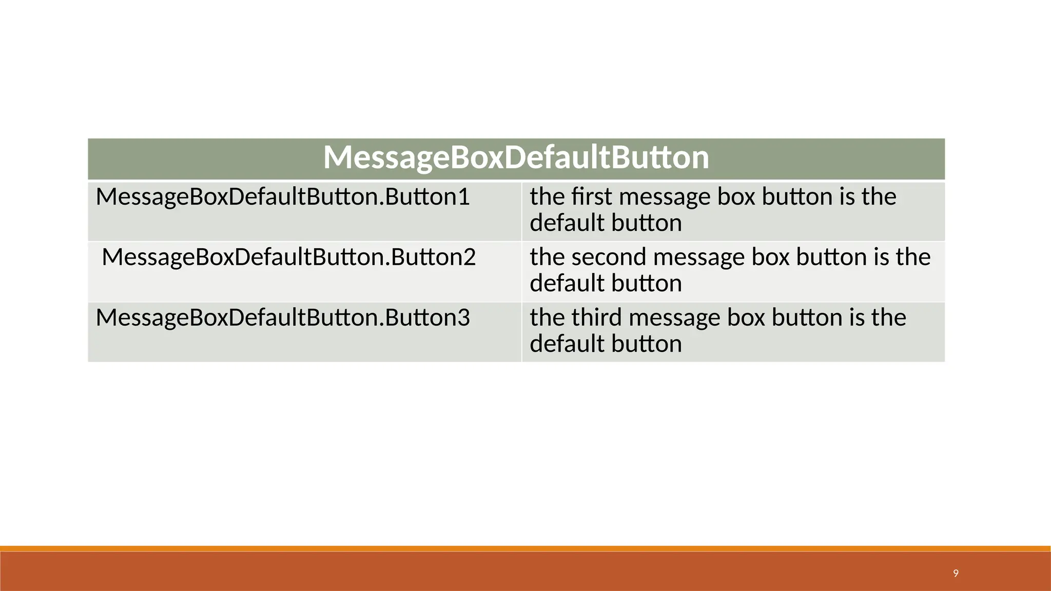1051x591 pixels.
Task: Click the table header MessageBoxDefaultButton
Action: pyautogui.click(x=516, y=157)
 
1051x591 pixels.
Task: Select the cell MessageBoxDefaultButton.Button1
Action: pyautogui.click(x=283, y=198)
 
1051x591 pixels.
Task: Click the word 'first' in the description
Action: pyautogui.click(x=592, y=197)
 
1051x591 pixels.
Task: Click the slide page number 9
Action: pyautogui.click(x=956, y=573)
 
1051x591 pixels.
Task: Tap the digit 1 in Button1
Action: pyautogui.click(x=463, y=198)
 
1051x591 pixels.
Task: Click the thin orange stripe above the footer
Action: pyautogui.click(x=525, y=548)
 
